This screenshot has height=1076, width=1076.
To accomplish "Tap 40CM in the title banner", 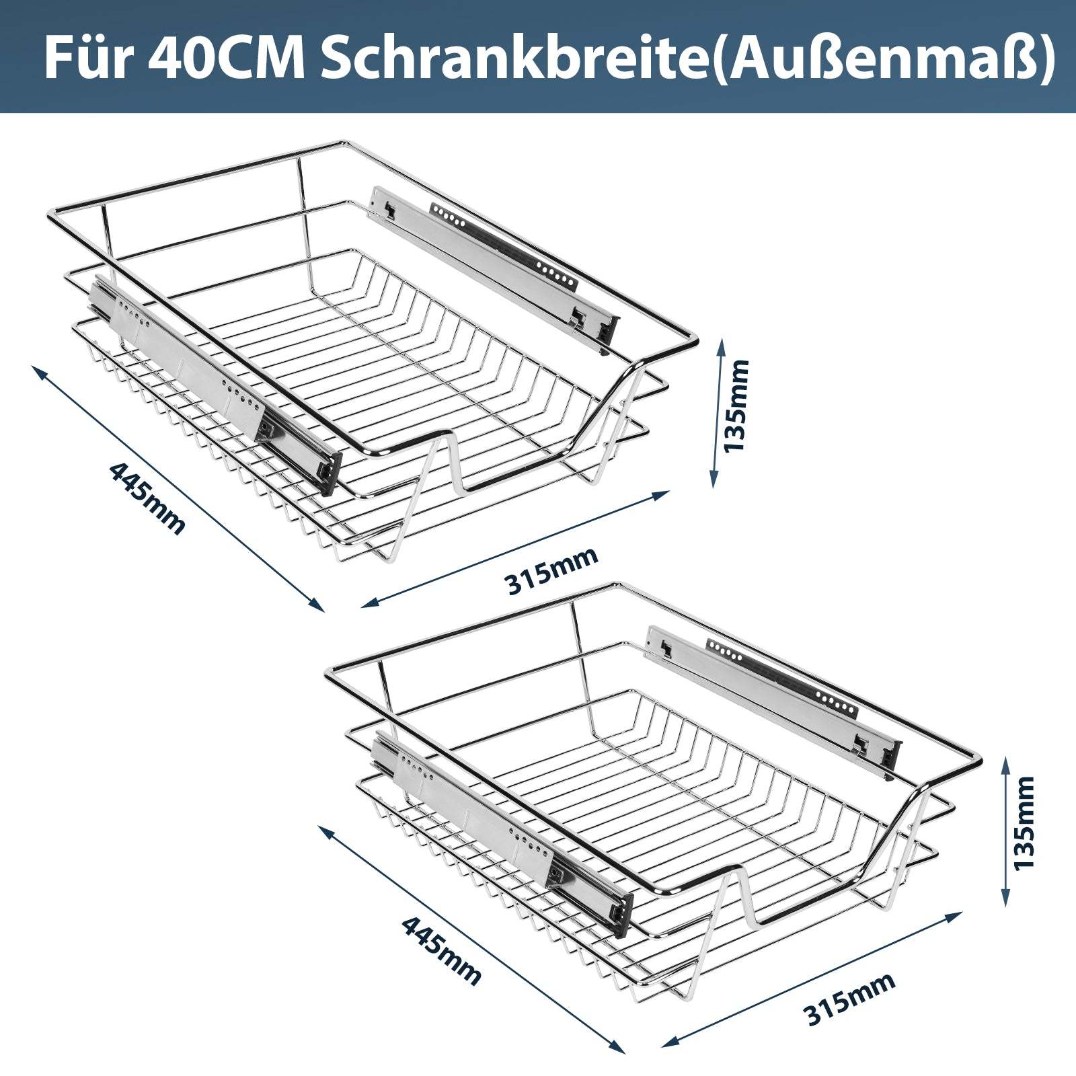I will [225, 59].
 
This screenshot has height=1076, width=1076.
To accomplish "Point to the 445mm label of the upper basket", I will [147, 498].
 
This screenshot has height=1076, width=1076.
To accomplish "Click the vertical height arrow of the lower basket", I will [1005, 831].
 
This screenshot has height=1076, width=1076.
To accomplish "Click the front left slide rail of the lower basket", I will [501, 827].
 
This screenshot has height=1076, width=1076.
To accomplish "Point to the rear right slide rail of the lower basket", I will [773, 699].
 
